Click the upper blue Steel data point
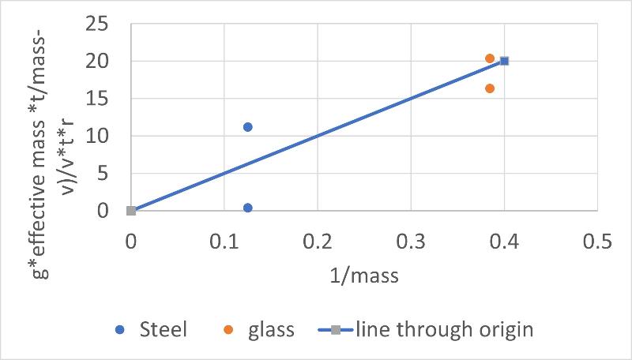point(247,127)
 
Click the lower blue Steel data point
point(247,208)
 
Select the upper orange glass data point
point(490,58)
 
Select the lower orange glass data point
point(490,88)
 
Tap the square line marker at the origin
point(131,211)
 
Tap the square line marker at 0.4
point(504,61)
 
